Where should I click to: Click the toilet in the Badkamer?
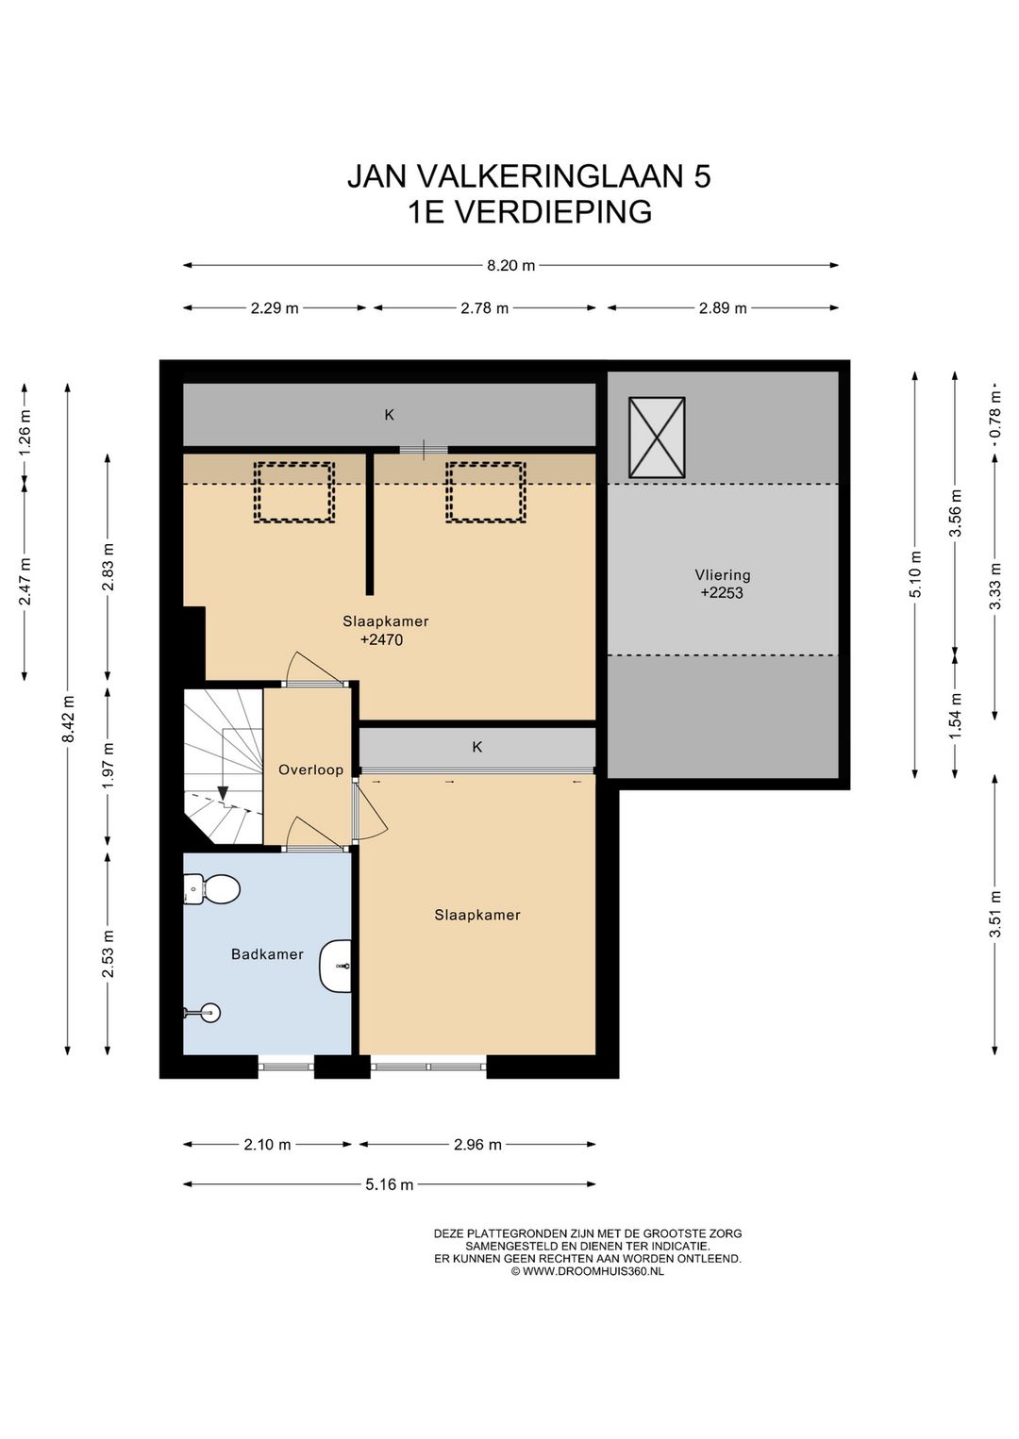point(211,889)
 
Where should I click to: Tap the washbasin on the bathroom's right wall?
point(336,966)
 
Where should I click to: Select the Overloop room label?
point(310,769)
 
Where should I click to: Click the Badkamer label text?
point(267,954)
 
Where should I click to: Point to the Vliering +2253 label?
point(722,584)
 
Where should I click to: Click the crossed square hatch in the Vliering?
point(657,437)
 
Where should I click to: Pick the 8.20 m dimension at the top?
point(510,265)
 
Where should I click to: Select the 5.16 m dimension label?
point(389,1184)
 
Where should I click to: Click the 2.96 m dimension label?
point(477,1144)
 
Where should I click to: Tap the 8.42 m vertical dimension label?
point(68,719)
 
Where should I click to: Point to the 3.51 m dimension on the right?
point(995,913)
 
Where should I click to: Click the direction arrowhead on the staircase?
point(223,793)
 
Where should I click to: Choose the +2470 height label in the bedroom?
point(382,640)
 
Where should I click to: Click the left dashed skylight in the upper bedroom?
point(293,492)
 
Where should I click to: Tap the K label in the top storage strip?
point(389,415)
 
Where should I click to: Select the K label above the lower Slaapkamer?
point(477,747)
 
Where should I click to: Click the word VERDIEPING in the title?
point(553,212)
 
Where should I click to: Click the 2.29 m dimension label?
point(275,308)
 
